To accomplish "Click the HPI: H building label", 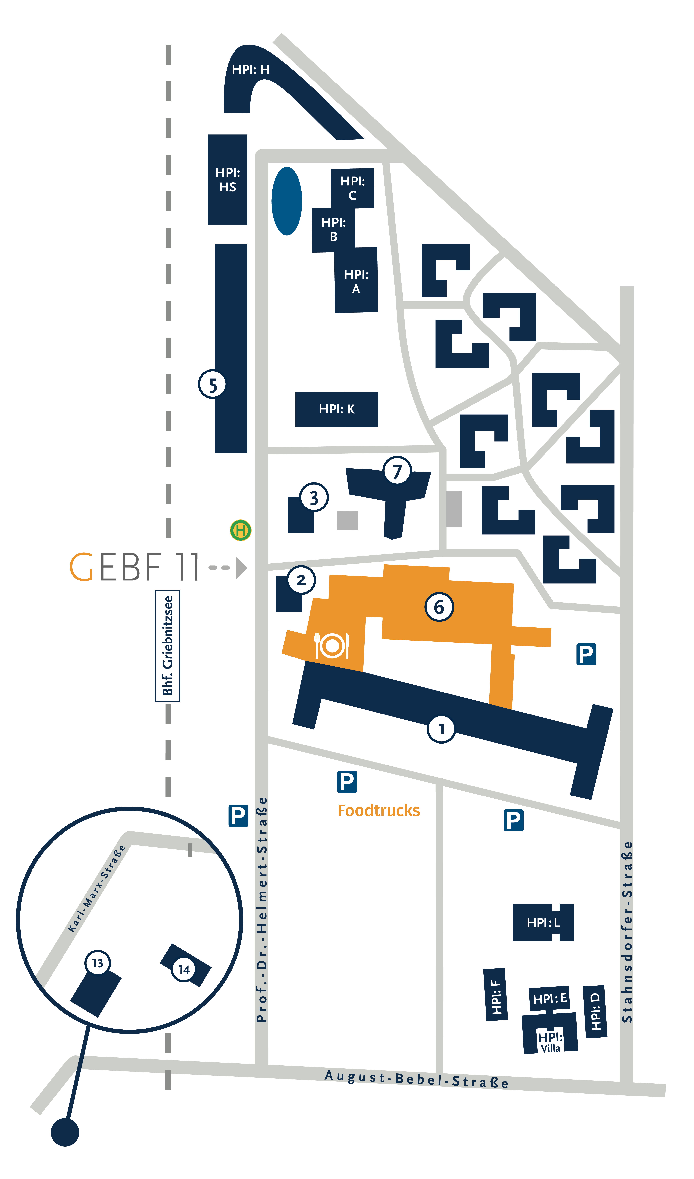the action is [251, 70].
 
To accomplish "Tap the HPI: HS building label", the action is [228, 180].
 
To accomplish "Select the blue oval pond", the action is [287, 201].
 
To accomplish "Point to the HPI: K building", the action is [337, 409].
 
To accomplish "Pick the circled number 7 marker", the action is [397, 471].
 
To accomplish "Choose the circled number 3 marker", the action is [314, 497].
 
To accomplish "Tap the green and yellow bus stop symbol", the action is [241, 531].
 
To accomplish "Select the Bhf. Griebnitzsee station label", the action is [168, 646].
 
